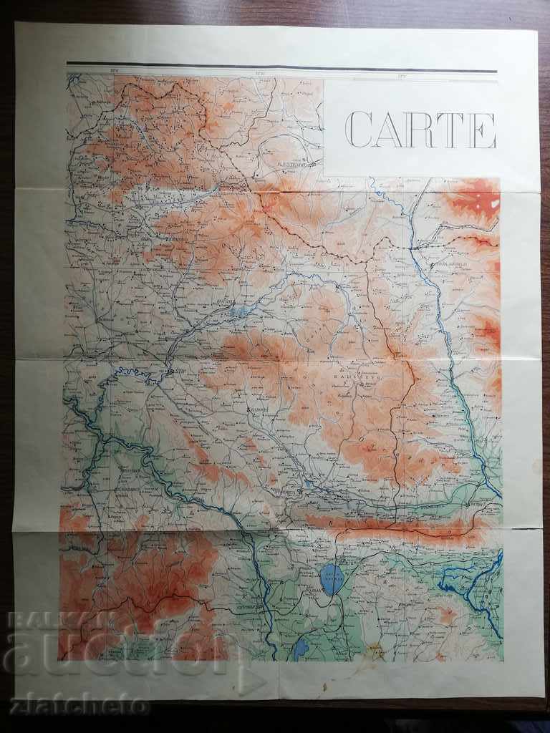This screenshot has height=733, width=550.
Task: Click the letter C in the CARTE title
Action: pyautogui.click(x=359, y=130)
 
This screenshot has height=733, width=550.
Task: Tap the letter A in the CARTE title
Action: pyautogui.click(x=389, y=130)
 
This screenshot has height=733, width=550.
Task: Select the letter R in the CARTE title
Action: pyautogui.click(x=420, y=130)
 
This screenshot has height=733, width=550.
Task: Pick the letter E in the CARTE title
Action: pyautogui.click(x=482, y=130)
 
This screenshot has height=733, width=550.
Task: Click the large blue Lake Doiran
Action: pyautogui.click(x=332, y=579)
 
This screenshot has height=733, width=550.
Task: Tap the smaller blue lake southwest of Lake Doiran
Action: pyautogui.click(x=301, y=649)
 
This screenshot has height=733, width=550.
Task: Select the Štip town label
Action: pyautogui.click(x=176, y=372)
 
